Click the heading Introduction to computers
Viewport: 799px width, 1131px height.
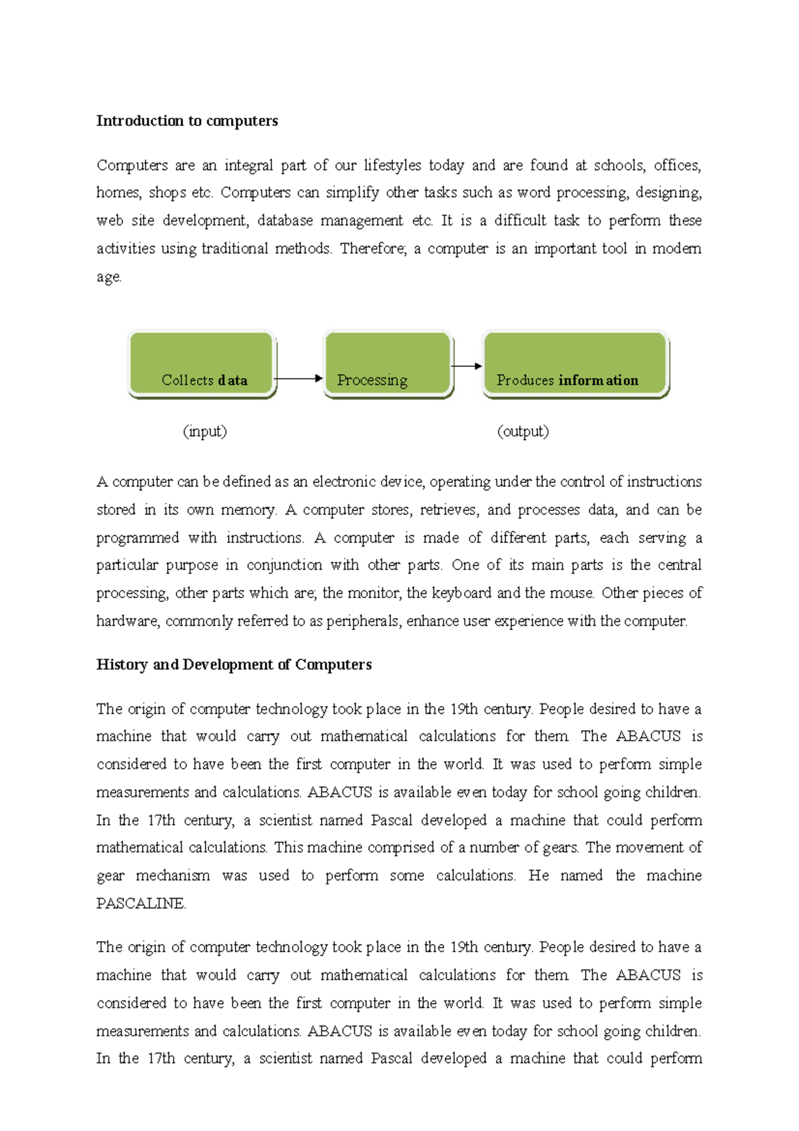coord(187,121)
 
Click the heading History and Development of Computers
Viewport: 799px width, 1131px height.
coord(234,664)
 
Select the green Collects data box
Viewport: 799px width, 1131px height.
coord(202,364)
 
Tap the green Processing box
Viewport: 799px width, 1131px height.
coord(388,364)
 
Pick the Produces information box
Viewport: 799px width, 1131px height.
coord(575,364)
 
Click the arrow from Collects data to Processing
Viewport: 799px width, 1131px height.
coord(298,378)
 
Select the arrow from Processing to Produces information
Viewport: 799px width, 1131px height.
coord(467,366)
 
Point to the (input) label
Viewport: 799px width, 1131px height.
coord(204,431)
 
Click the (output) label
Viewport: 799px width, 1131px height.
coord(523,431)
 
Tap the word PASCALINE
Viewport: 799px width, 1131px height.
coord(140,903)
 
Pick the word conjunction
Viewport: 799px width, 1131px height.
coord(284,565)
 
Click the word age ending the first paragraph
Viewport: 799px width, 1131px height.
coord(108,277)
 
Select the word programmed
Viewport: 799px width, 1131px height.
coord(137,538)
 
